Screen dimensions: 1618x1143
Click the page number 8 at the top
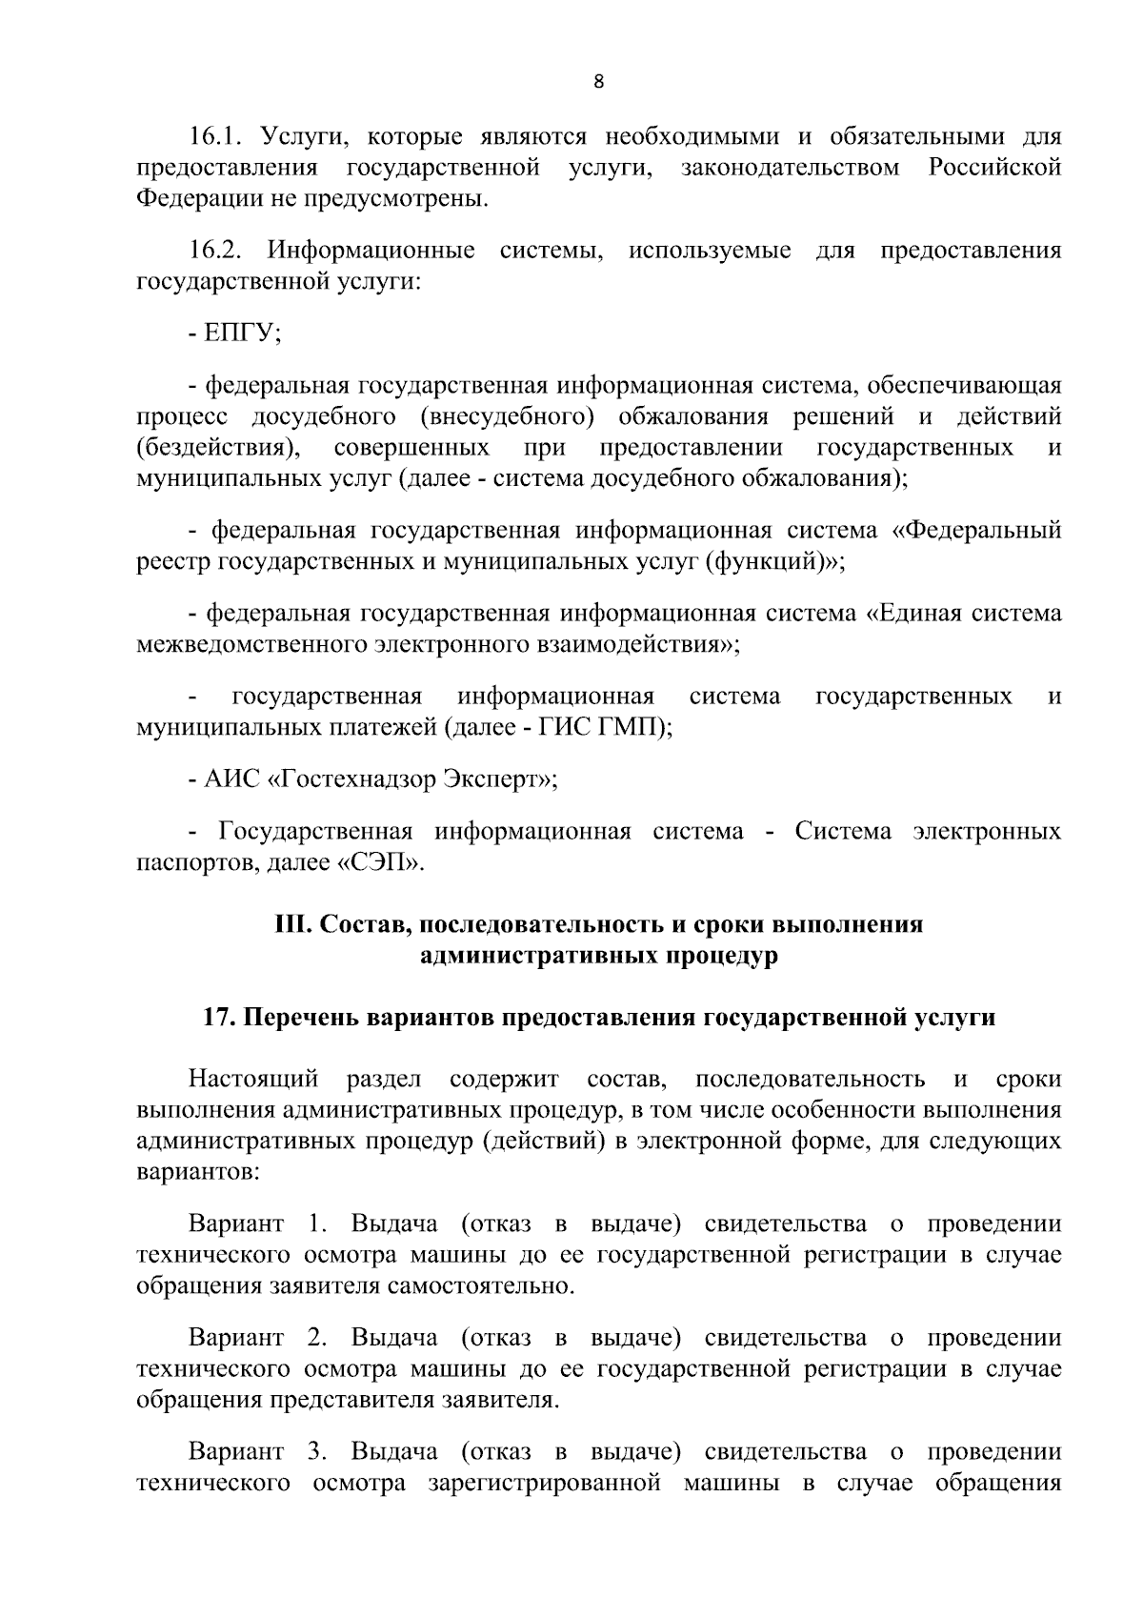click(598, 82)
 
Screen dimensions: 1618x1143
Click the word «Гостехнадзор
click(353, 780)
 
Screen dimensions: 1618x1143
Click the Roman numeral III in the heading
click(289, 924)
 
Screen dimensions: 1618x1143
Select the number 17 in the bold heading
click(216, 1017)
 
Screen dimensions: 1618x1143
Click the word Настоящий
click(252, 1079)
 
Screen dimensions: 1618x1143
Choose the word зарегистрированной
click(544, 1484)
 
